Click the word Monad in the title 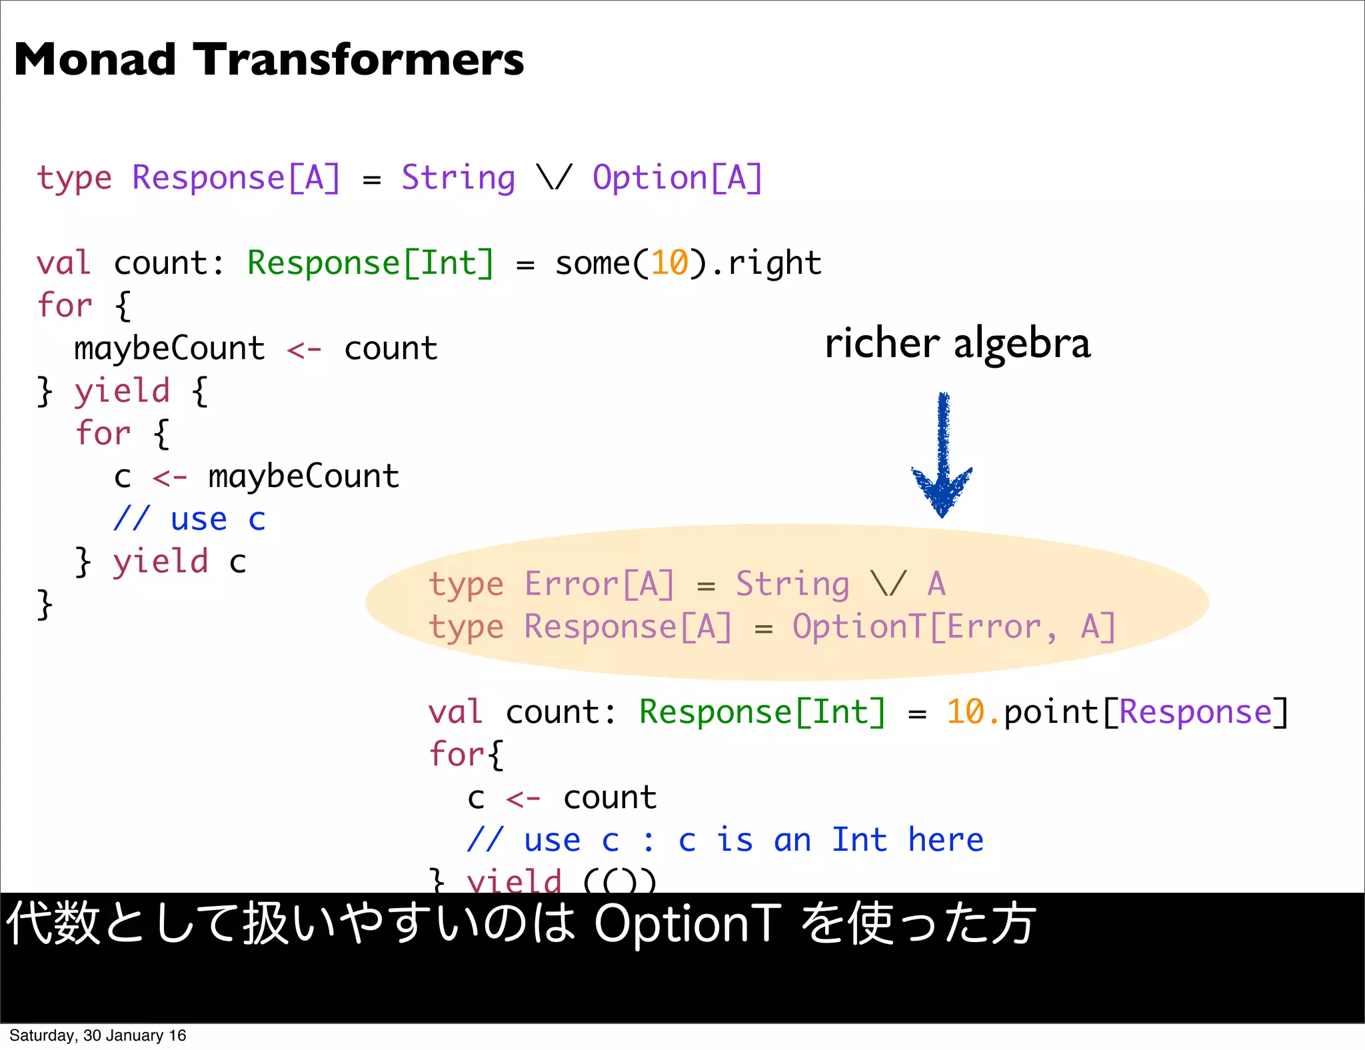coord(95,60)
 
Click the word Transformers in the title coord(359,60)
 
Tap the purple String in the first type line coord(459,179)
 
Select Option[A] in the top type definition coord(677,179)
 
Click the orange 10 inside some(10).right coord(669,263)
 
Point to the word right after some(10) coord(774,263)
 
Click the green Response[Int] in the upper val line coord(371,263)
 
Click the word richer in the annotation coord(882,344)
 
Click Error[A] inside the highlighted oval coord(599,584)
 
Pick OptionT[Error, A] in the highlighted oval coord(953,627)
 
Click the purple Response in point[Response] coord(1196,712)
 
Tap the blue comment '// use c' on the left coord(189,520)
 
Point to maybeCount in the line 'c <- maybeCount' coord(303,477)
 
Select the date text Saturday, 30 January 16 coord(97,1035)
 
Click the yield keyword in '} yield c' coord(160,562)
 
